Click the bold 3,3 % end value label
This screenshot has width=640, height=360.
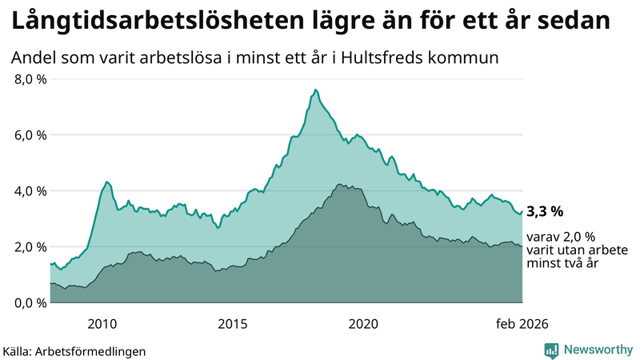click(x=545, y=212)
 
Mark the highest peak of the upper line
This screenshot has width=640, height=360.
click(x=316, y=89)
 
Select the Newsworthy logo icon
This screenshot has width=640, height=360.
click(x=551, y=350)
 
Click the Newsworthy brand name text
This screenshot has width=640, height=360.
click(x=596, y=350)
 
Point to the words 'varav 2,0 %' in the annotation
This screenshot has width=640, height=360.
click(x=562, y=237)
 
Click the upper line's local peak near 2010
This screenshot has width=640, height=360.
click(x=107, y=182)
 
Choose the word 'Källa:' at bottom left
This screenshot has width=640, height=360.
click(x=19, y=350)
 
